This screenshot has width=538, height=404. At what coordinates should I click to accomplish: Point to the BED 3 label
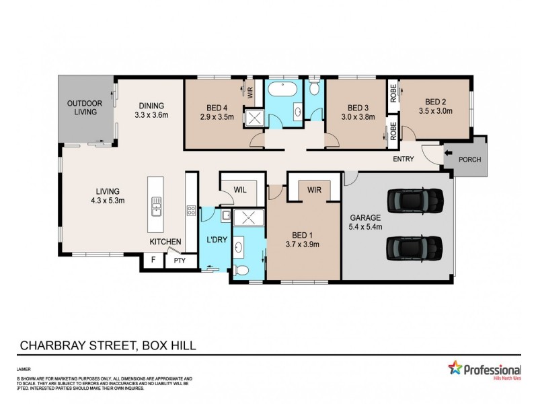tap(358, 108)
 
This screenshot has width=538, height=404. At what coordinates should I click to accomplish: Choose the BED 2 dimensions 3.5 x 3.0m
tap(436, 111)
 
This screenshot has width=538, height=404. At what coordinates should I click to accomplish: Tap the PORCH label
tap(470, 160)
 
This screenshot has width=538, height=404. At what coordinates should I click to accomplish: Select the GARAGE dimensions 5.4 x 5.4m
tap(365, 227)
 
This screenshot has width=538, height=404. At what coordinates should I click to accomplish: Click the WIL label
tap(241, 191)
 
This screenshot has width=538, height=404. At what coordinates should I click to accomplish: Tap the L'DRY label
tap(216, 240)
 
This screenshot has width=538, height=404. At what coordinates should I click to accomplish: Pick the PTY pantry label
tap(180, 261)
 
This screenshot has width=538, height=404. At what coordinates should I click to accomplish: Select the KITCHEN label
tap(165, 241)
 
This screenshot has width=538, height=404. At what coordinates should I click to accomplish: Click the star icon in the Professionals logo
tap(455, 368)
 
